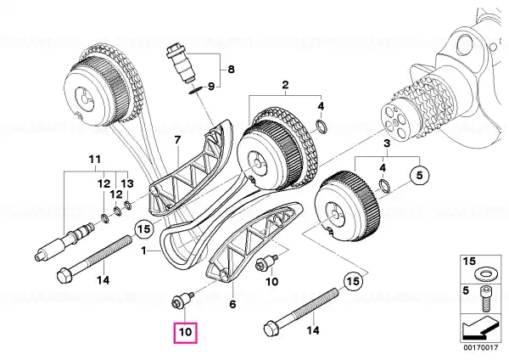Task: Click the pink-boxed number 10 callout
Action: [x=186, y=332]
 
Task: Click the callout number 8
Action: [x=231, y=70]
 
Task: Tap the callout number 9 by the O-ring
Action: [x=211, y=87]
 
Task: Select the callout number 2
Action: [x=285, y=85]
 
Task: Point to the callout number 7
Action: [x=177, y=140]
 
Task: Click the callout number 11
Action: [x=95, y=160]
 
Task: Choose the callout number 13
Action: [x=128, y=184]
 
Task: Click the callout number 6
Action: [x=232, y=305]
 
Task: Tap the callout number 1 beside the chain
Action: [x=143, y=250]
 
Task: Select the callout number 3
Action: [x=387, y=143]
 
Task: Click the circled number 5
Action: [x=419, y=176]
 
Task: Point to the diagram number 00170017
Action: [x=480, y=348]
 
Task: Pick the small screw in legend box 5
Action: [x=485, y=298]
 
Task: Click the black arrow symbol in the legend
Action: [x=479, y=329]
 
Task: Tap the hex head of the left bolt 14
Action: [x=64, y=276]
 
